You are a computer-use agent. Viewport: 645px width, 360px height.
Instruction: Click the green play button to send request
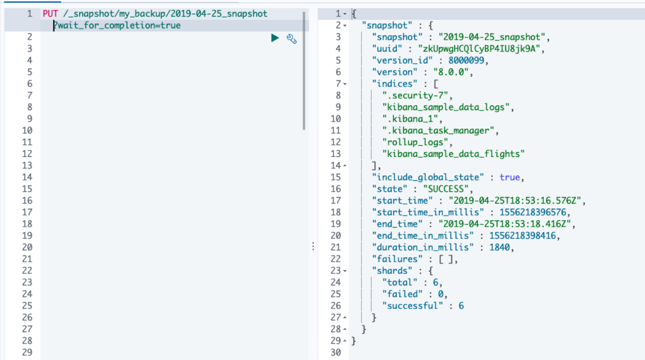[x=275, y=38]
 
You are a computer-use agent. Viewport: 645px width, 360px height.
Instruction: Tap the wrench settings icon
[x=292, y=39]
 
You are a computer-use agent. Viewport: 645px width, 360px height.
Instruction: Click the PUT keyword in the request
[x=50, y=14]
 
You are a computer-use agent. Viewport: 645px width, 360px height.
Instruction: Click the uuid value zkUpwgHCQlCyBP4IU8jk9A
[x=479, y=49]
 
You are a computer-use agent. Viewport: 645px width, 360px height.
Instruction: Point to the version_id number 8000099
[x=466, y=60]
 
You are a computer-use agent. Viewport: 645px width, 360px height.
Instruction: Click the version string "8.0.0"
[x=451, y=72]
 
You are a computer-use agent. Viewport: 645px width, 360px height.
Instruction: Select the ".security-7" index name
[x=415, y=96]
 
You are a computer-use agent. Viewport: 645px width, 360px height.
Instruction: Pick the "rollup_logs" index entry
[x=415, y=142]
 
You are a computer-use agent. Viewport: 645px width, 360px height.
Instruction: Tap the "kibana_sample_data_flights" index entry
[x=453, y=154]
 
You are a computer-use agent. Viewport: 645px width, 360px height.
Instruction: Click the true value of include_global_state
[x=509, y=177]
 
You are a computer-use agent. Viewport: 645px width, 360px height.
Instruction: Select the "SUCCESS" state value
[x=446, y=189]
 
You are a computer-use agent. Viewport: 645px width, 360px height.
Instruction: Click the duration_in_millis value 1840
[x=500, y=247]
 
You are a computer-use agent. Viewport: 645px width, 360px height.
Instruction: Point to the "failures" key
[x=397, y=259]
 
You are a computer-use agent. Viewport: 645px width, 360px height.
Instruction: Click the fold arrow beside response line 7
[x=345, y=84]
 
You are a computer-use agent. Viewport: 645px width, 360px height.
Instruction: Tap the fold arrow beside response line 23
[x=345, y=271]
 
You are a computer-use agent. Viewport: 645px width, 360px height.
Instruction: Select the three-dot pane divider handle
[x=313, y=246]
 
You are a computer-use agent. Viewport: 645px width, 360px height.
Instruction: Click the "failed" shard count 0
[x=440, y=294]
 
